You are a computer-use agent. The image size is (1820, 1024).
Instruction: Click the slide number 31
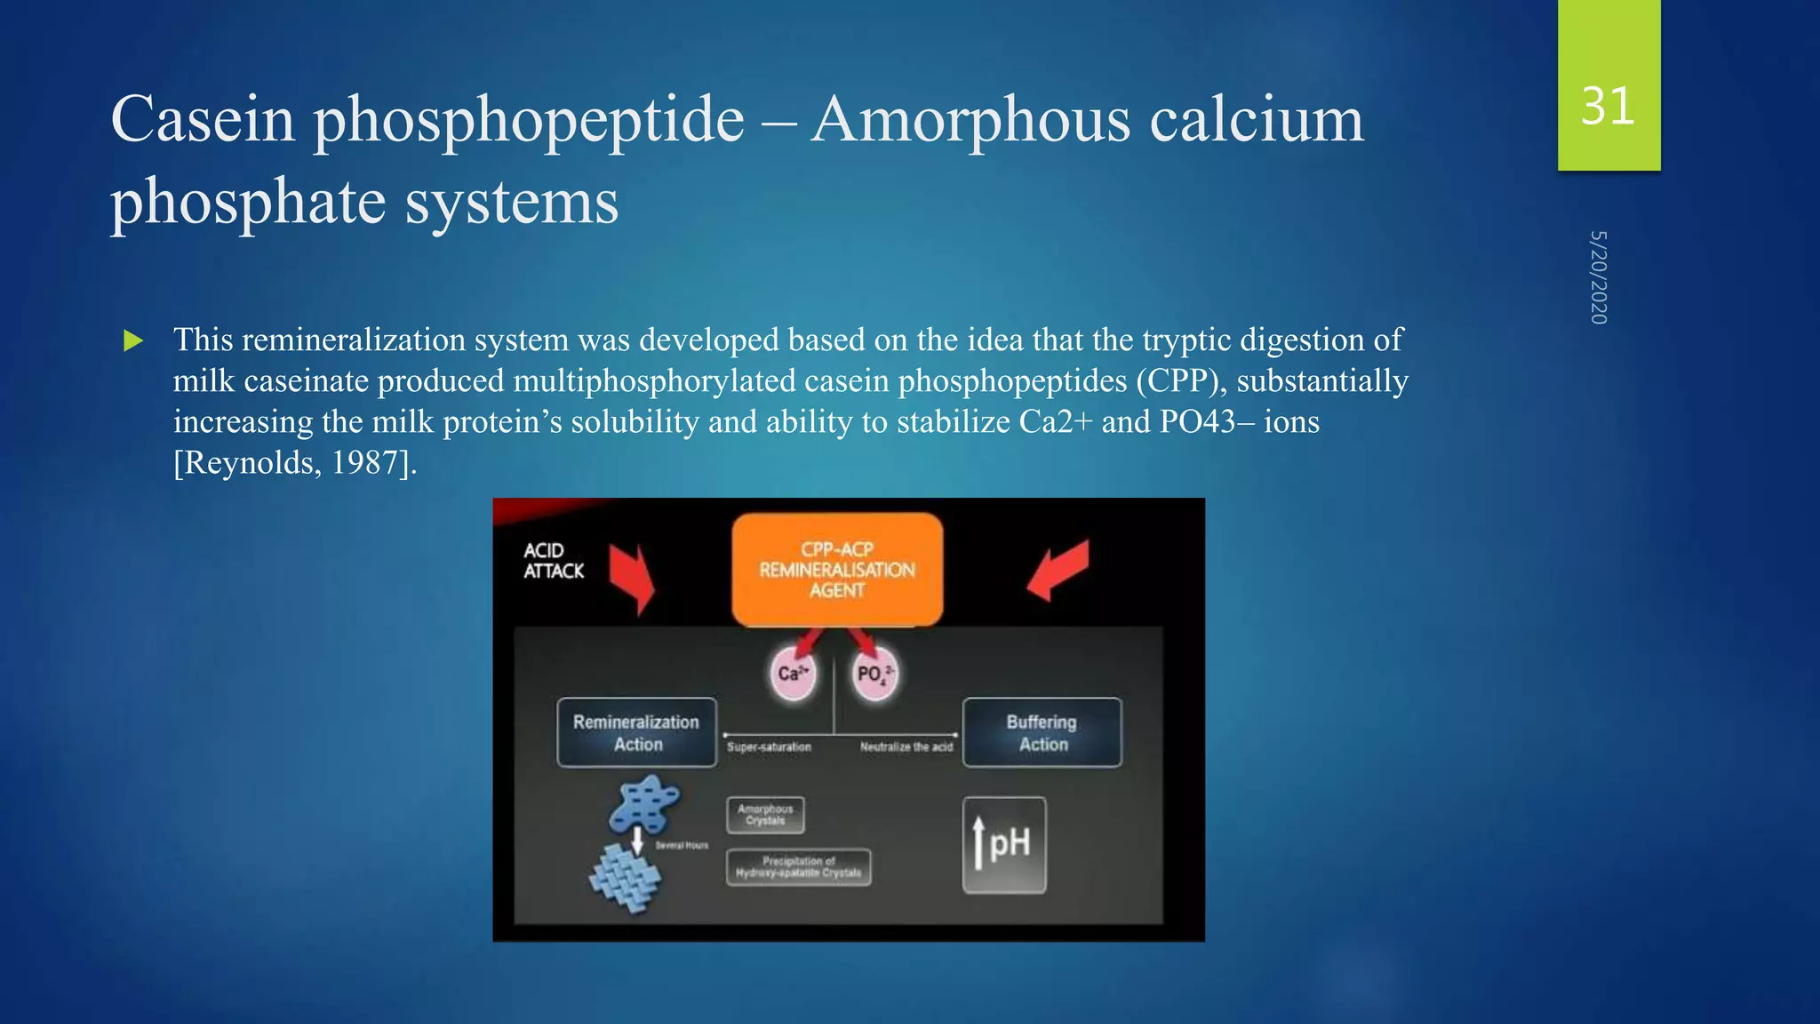pos(1608,107)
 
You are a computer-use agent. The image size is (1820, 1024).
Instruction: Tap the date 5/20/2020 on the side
pos(1598,277)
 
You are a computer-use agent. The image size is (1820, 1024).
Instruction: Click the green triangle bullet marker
pos(133,340)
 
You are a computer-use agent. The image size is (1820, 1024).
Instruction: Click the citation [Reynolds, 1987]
pos(294,462)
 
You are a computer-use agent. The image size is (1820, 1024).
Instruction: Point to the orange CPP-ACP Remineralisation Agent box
pos(836,570)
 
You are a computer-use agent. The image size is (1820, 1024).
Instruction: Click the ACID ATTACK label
pos(553,561)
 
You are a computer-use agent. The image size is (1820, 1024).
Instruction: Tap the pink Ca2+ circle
pos(792,674)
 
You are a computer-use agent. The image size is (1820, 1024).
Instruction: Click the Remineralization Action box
pos(636,732)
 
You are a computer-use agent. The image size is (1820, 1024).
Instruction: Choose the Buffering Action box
pos(1042,732)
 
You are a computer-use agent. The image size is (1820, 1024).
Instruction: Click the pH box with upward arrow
pos(1004,844)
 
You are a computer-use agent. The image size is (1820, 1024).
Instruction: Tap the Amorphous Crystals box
pos(765,815)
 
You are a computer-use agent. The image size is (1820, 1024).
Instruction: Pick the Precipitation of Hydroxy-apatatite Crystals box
pos(798,867)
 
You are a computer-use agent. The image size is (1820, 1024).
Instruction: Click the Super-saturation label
pos(769,748)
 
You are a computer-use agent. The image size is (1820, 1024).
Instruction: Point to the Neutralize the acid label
pos(906,748)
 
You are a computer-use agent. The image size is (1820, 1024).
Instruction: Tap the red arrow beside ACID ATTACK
pos(633,579)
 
